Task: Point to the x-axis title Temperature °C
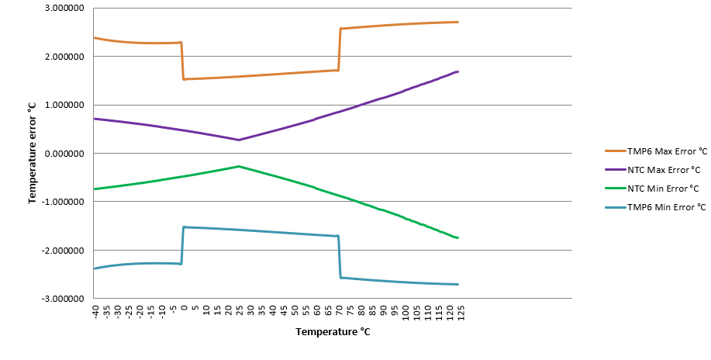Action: [332, 332]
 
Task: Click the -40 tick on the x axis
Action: [95, 311]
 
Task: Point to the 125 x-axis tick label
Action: [461, 313]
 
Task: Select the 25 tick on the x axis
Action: [239, 310]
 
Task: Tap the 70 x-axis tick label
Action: [339, 310]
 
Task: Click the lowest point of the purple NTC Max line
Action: [239, 140]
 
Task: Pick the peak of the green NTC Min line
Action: [239, 166]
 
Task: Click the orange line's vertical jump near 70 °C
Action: [340, 50]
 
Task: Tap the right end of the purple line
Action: [458, 71]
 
